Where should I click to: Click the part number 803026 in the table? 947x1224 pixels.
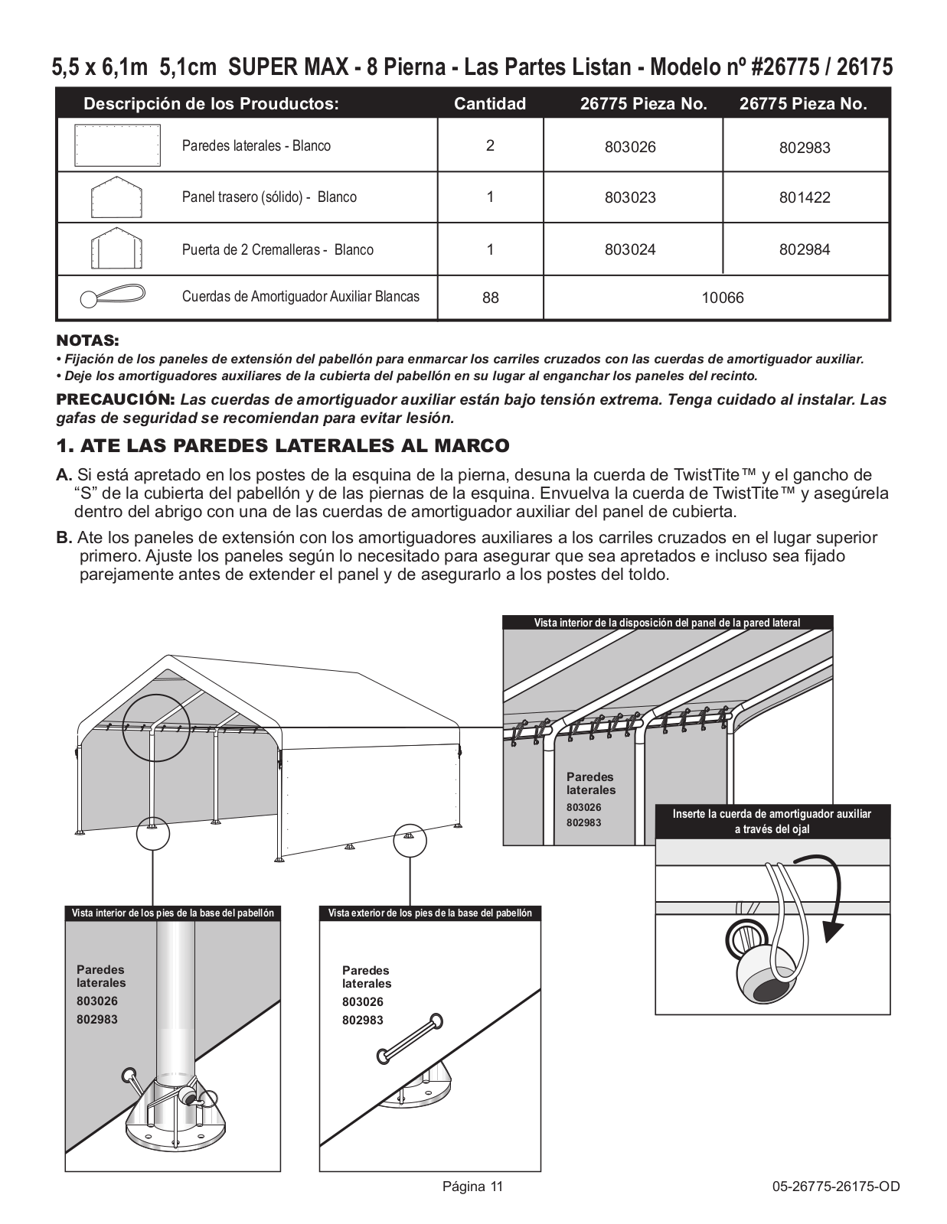point(630,147)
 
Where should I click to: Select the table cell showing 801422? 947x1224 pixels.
point(805,197)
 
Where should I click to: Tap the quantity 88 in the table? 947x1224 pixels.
point(490,298)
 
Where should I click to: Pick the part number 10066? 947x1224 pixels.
point(723,298)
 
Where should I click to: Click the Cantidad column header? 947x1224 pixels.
point(490,104)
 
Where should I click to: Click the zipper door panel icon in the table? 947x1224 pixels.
point(116,249)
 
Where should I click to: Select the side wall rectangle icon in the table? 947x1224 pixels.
point(117,145)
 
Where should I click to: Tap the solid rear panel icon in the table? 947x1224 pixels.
point(116,197)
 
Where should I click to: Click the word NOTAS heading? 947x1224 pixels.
point(87,340)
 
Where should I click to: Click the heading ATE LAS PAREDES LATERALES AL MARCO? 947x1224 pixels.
point(294,445)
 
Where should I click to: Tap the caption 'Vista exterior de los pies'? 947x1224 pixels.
point(429,913)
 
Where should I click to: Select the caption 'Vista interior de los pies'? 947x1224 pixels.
point(172,913)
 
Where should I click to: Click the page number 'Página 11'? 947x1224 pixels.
point(472,1187)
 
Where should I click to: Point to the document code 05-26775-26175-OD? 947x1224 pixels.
point(836,1187)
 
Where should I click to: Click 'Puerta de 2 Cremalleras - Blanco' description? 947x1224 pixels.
point(277,249)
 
